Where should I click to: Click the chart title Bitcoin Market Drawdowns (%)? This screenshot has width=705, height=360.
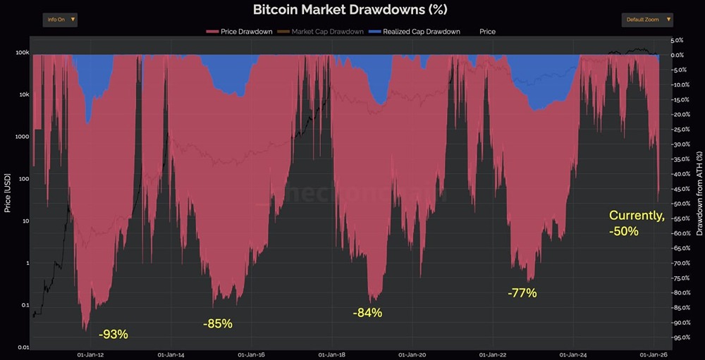pos(350,9)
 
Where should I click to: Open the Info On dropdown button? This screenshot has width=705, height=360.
pos(59,20)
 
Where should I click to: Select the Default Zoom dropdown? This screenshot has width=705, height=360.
pos(646,20)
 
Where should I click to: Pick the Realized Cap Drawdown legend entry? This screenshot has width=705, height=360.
pos(416,32)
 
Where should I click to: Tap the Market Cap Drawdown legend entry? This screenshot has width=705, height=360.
pos(323,32)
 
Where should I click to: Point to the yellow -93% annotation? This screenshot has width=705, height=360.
pos(114,334)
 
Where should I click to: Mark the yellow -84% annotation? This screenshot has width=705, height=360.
pos(367,312)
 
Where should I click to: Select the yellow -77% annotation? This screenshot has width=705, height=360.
pos(522,292)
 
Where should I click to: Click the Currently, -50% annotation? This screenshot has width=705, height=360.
pos(636,223)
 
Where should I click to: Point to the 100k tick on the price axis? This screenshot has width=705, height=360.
pos(22,53)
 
